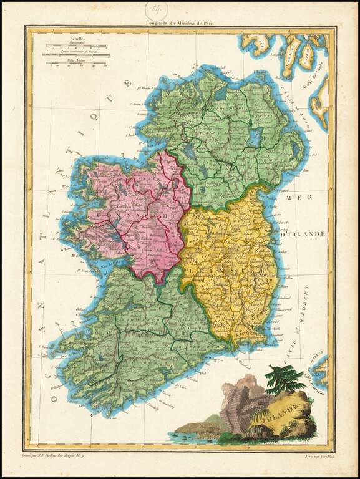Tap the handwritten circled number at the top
(157, 9)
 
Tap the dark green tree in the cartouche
(282, 379)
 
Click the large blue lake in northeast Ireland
(255, 137)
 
